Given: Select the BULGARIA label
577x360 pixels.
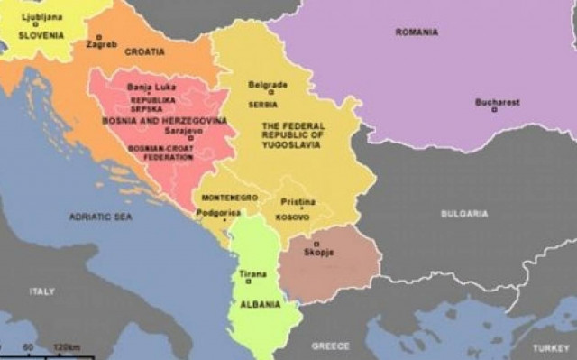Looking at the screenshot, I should pos(464,214).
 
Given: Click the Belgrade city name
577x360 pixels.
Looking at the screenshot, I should pos(268,85).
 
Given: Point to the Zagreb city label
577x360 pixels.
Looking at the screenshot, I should pos(102,43).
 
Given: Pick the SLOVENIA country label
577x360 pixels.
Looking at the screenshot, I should pos(41,35).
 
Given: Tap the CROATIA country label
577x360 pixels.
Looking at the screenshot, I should pos(144,51).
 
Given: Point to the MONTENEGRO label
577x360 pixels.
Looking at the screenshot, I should pos(230,197).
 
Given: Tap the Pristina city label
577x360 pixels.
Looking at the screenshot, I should pos(298,202).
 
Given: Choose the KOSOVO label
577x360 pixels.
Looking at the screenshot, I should pos(293,217).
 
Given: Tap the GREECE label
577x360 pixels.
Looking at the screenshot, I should pos(330,346).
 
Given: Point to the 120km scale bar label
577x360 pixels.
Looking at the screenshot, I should pos(68,347).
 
